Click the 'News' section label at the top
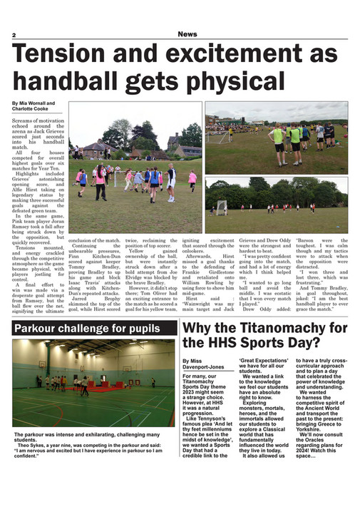tap(188, 34)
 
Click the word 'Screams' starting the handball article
tap(24, 122)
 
